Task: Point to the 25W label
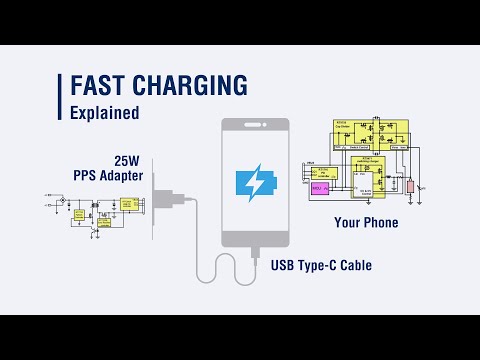pos(127,160)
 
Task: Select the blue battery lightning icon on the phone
pos(255,185)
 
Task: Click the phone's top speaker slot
pos(255,127)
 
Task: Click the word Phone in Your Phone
pos(381,222)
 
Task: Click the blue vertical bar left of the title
pos(60,96)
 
